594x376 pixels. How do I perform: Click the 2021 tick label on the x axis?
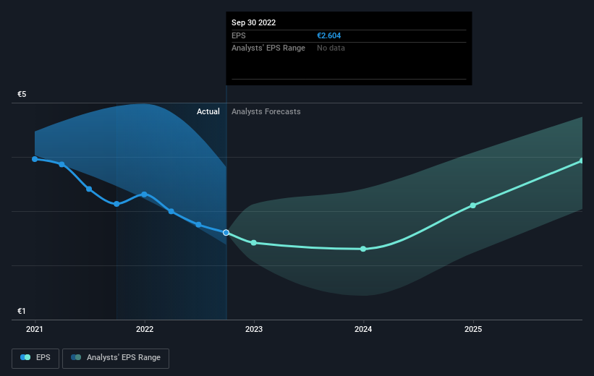[35, 329]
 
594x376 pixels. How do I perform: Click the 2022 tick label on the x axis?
[145, 329]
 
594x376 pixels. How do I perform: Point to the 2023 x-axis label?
[254, 329]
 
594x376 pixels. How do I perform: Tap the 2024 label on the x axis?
[363, 329]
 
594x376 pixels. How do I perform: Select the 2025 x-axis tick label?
[473, 329]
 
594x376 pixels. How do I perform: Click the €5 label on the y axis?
[22, 95]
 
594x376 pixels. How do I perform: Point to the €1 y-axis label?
[22, 311]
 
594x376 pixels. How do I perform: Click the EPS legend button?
[35, 358]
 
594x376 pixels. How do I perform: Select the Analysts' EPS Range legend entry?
[116, 358]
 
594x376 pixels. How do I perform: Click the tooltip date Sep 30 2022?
[253, 22]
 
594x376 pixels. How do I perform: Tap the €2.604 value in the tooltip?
[330, 35]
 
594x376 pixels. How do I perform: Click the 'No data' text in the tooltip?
[331, 48]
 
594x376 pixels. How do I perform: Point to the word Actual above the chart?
[208, 111]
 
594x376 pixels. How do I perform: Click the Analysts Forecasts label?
[266, 111]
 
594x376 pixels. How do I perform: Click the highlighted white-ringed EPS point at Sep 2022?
[226, 233]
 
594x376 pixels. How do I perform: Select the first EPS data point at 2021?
[35, 159]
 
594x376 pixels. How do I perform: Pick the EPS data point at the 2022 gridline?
[145, 194]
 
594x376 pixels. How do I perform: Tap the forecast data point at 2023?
[254, 243]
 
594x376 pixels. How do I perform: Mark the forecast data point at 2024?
[363, 249]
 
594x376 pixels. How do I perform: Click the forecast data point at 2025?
[473, 205]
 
